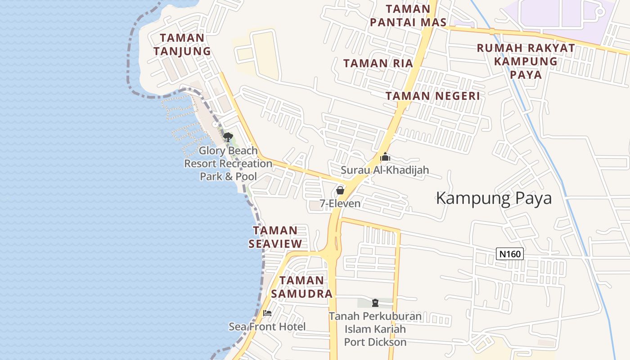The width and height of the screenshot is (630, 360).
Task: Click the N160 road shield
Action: click(x=510, y=254)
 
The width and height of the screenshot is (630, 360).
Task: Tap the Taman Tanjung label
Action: click(x=182, y=45)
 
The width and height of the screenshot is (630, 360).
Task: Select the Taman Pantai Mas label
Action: click(x=408, y=16)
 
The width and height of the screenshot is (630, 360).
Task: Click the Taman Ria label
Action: click(x=378, y=63)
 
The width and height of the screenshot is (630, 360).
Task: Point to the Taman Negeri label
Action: click(x=432, y=96)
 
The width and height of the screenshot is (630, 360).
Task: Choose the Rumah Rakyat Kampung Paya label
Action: click(x=526, y=61)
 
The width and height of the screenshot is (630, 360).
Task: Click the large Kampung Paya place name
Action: click(x=494, y=198)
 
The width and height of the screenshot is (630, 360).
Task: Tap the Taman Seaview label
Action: click(x=275, y=237)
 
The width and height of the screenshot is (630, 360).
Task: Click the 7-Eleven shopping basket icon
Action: click(x=340, y=190)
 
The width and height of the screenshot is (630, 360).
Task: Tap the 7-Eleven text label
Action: click(x=340, y=203)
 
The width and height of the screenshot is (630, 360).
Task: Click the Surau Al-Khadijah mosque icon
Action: click(x=385, y=157)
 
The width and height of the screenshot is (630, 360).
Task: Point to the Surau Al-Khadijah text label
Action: click(x=385, y=170)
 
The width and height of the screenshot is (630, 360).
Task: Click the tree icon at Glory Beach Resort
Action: click(x=228, y=137)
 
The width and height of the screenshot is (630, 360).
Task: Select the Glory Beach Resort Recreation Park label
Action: click(x=228, y=163)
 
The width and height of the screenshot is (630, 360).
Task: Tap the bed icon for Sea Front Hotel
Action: click(x=267, y=313)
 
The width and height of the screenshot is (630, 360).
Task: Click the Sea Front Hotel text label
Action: click(x=267, y=327)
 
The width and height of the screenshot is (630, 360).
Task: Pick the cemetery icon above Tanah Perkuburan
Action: click(x=375, y=303)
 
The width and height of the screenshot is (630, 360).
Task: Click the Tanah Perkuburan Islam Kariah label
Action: click(x=375, y=329)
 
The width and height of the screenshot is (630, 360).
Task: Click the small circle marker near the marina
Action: click(x=215, y=124)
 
